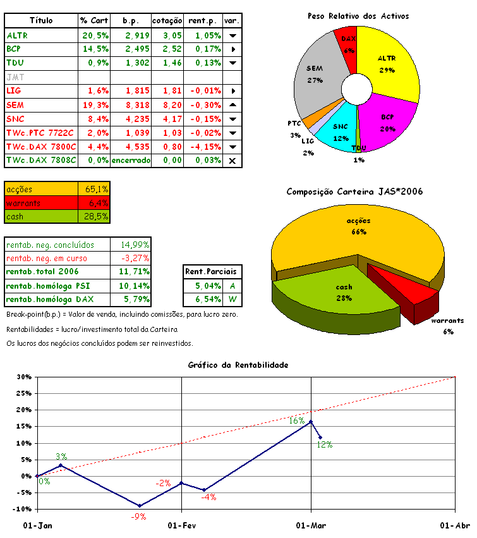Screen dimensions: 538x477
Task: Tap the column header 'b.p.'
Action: (x=131, y=21)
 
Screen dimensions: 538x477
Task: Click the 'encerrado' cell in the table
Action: (x=131, y=161)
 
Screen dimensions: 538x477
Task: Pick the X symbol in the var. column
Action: (x=232, y=161)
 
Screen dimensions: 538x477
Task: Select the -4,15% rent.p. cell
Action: (x=203, y=147)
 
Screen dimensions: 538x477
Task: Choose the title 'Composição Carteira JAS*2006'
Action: (x=354, y=191)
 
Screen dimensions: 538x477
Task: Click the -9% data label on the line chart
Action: (x=138, y=517)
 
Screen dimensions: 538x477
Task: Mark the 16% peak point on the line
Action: (x=310, y=422)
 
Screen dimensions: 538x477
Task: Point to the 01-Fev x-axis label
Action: (x=181, y=525)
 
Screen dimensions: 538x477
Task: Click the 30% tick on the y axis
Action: (x=23, y=377)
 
